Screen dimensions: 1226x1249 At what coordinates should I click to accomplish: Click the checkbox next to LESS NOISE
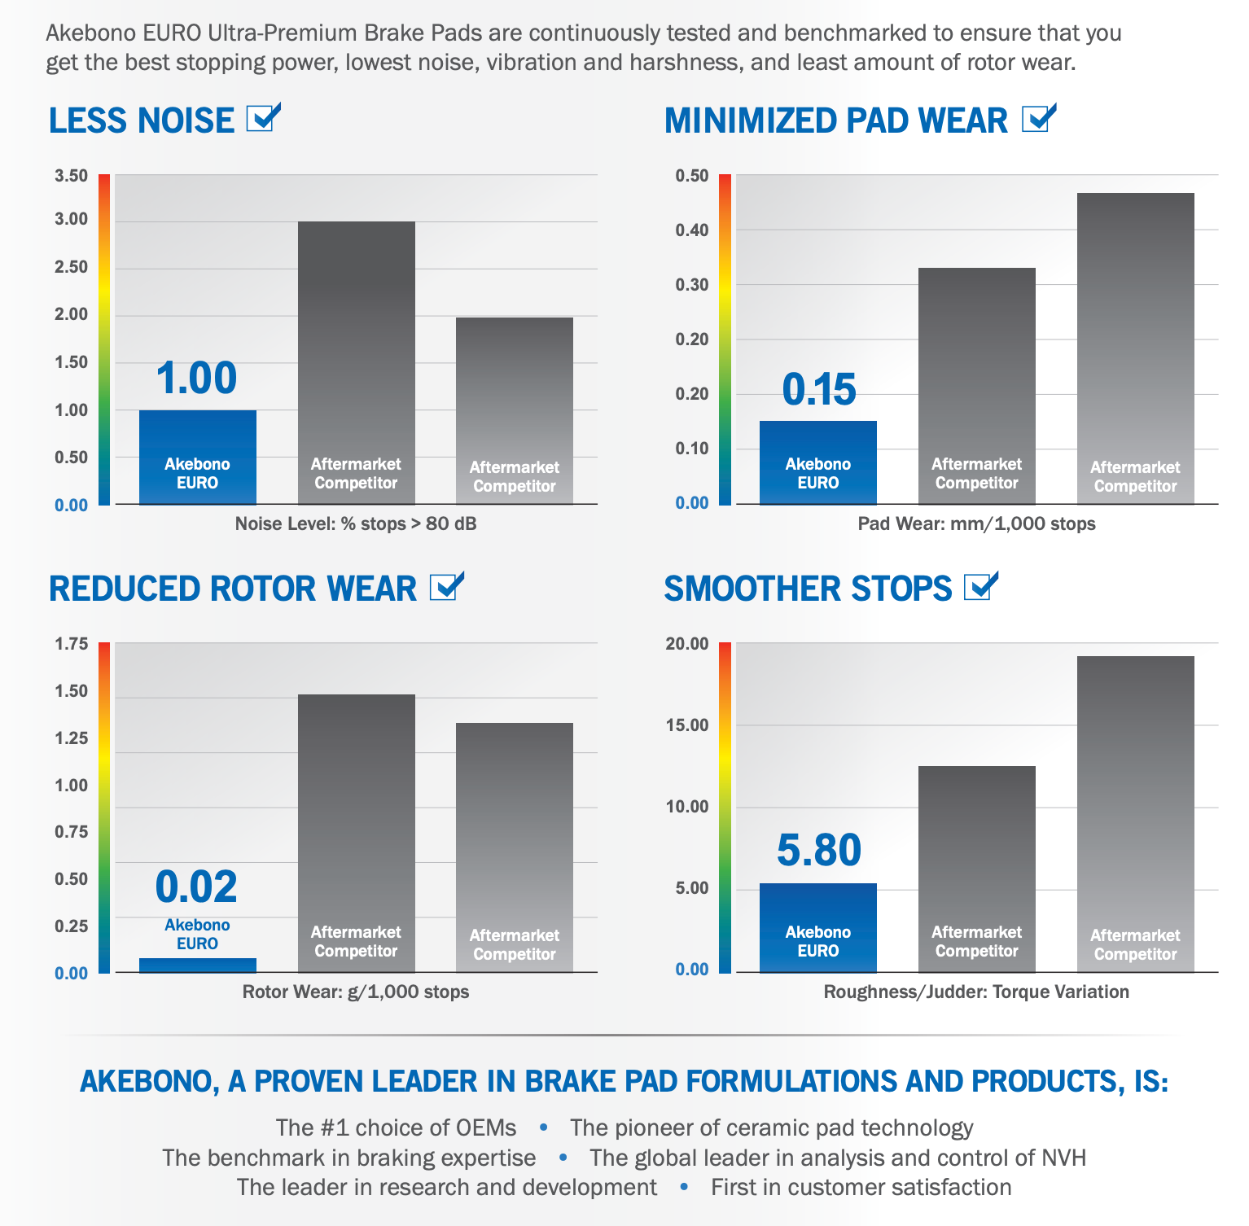coord(262,119)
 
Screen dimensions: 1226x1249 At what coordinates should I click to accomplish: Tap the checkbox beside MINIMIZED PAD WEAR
coord(1037,119)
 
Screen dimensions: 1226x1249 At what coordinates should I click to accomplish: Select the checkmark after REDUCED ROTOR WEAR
coord(445,587)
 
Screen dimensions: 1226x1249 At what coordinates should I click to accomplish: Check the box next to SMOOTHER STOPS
coord(979,587)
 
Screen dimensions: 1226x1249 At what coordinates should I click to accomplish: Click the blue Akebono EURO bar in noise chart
coord(198,458)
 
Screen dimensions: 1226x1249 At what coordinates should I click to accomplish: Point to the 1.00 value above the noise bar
coord(196,379)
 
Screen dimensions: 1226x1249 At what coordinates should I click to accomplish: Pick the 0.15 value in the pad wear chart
coord(819,389)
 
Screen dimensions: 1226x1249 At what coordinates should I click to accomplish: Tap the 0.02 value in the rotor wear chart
coord(196,887)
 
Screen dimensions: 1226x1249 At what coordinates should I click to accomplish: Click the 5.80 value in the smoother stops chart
coord(819,850)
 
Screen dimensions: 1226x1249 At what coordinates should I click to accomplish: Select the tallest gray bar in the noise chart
coord(356,362)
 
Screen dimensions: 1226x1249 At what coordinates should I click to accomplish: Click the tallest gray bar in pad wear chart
coord(1135,348)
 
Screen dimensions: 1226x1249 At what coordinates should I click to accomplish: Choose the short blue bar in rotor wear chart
coord(198,965)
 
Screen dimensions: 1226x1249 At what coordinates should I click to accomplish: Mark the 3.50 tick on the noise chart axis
coord(71,176)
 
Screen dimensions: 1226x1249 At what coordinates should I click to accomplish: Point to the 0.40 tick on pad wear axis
coord(692,230)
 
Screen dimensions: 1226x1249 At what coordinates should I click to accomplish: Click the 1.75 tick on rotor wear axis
coord(71,644)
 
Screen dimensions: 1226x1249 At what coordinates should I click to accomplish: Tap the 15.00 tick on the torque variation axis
coord(687,725)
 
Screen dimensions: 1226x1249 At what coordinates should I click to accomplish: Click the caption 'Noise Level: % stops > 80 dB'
coord(356,523)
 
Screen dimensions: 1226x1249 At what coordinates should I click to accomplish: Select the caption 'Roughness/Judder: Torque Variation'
coord(976,992)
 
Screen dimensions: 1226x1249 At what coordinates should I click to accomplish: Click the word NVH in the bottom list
coord(1063,1158)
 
